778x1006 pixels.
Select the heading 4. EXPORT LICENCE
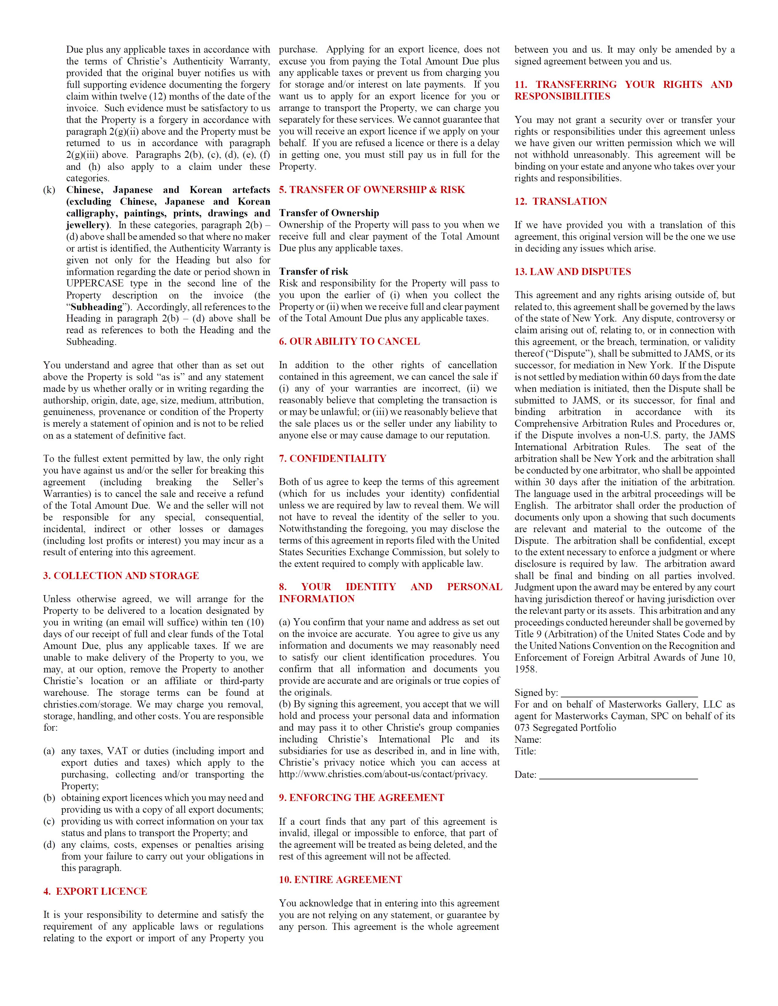(95, 891)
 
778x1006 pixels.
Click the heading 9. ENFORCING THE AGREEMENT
(361, 798)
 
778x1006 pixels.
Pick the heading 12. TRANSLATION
(561, 201)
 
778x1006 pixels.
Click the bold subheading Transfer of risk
(314, 271)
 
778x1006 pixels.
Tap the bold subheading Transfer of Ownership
(328, 213)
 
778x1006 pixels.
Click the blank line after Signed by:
(629, 693)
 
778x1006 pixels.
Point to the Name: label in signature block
(528, 740)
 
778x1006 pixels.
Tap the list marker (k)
(49, 190)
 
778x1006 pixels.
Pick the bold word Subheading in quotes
(96, 307)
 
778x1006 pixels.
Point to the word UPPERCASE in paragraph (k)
(94, 283)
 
